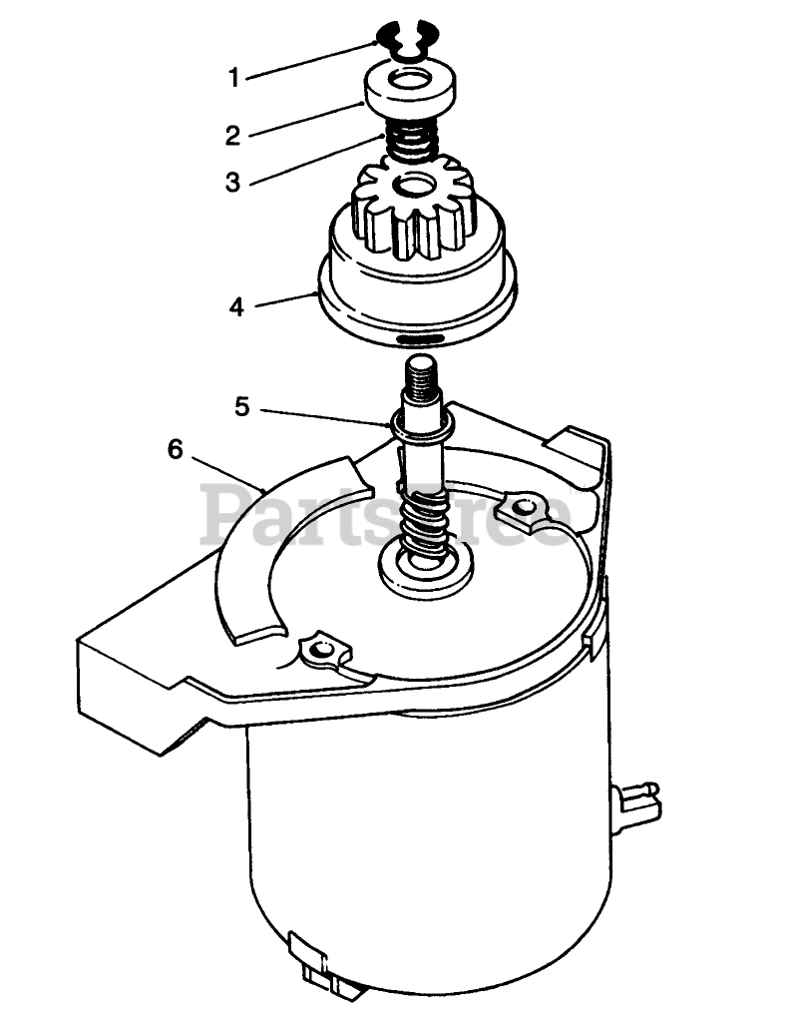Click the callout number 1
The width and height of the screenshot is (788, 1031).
233,78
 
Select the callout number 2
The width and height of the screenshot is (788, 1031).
232,136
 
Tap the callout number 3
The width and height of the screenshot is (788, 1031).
232,182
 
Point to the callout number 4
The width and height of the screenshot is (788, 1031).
236,306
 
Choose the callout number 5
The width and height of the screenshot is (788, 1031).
242,407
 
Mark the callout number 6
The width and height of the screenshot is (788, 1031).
175,450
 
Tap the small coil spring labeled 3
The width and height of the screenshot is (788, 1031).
412,144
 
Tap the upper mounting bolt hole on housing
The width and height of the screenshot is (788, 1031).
523,507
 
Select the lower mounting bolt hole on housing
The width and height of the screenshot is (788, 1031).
321,650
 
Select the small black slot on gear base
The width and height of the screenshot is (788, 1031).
417,338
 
